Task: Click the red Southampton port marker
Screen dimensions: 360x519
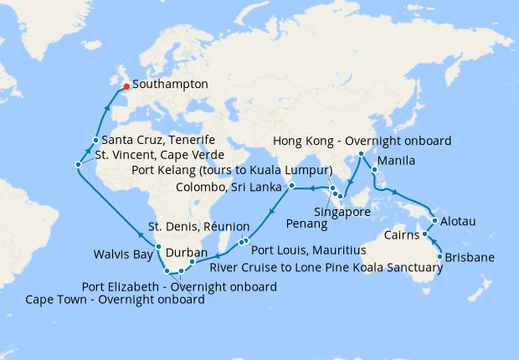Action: (x=126, y=85)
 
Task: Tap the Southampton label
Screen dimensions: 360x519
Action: (x=172, y=85)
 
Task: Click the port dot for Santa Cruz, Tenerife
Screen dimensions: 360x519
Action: (x=96, y=141)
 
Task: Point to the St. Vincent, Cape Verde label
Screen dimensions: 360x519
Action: (x=159, y=155)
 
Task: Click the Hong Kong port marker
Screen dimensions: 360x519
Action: (x=361, y=154)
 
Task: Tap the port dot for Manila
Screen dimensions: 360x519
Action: (x=374, y=170)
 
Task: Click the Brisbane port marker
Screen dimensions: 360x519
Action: (x=440, y=245)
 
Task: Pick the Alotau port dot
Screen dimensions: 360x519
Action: (x=433, y=221)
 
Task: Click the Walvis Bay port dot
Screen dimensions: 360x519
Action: (x=157, y=247)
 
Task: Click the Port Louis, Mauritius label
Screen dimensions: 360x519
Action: (x=309, y=250)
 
